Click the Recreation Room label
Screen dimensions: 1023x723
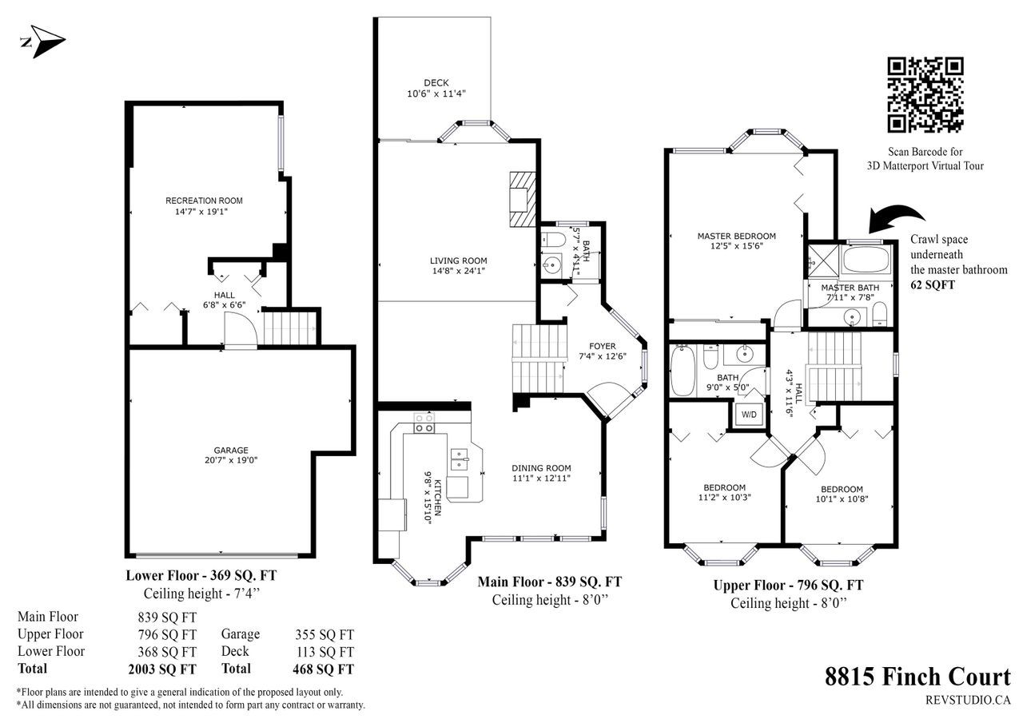point(204,201)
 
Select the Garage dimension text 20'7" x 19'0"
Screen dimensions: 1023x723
point(231,460)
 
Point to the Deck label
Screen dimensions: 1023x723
point(436,83)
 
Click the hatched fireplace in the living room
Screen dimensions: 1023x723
point(523,199)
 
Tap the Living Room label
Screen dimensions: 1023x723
point(458,260)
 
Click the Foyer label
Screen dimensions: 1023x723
point(602,347)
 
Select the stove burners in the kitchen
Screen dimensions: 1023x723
point(424,423)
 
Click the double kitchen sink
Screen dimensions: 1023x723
point(460,459)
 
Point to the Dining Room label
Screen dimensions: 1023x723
point(541,468)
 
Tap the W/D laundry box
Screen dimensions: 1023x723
point(749,415)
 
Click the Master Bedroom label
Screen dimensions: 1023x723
point(736,236)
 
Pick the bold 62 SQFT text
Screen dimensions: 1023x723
point(932,285)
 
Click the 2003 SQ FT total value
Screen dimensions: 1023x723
point(162,669)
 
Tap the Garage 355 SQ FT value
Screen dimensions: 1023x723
point(324,635)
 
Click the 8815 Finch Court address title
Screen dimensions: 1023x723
point(918,677)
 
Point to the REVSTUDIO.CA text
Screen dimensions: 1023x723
point(968,700)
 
